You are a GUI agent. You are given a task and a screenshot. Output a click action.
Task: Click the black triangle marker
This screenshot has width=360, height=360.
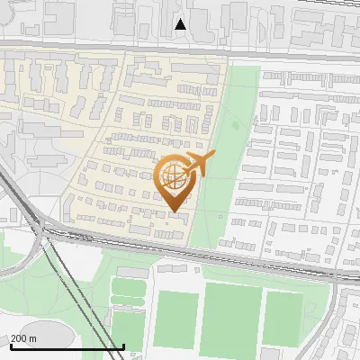[x=181, y=24]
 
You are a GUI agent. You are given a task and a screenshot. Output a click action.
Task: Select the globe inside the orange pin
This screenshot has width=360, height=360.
[x=174, y=177]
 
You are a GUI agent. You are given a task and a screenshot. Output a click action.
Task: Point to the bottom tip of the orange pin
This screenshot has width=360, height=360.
[x=175, y=211]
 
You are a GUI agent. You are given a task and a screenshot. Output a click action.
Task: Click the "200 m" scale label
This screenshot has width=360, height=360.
[x=23, y=338]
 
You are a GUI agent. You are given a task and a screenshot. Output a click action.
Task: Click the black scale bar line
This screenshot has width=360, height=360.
[x=67, y=346]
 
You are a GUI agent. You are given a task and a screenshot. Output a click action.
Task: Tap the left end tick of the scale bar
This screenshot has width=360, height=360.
[x=10, y=345]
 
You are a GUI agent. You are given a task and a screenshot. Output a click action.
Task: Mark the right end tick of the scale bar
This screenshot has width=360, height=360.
[x=123, y=345]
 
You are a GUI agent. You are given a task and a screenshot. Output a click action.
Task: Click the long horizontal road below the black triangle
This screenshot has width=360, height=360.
[x=180, y=49]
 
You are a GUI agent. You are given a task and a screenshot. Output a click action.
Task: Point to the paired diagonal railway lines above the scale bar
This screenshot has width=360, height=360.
[x=63, y=288]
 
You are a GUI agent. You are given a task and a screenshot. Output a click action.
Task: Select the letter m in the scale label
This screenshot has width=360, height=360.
[x=32, y=338]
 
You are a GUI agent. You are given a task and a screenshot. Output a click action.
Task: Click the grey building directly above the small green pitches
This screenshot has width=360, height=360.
[x=131, y=271]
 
